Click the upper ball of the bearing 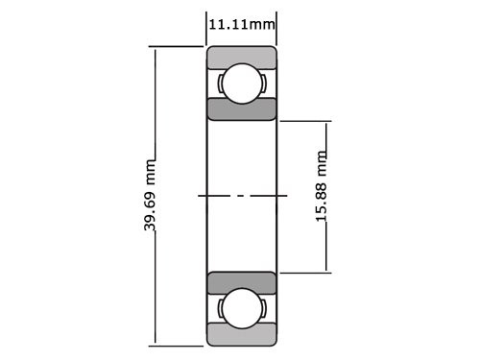[242, 84]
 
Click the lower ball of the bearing [242, 309]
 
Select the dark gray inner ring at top [242, 108]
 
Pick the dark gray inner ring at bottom [242, 283]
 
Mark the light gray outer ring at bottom [242, 336]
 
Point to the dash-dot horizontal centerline [242, 196]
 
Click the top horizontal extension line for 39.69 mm [178, 45]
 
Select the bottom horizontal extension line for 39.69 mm [178, 345]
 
